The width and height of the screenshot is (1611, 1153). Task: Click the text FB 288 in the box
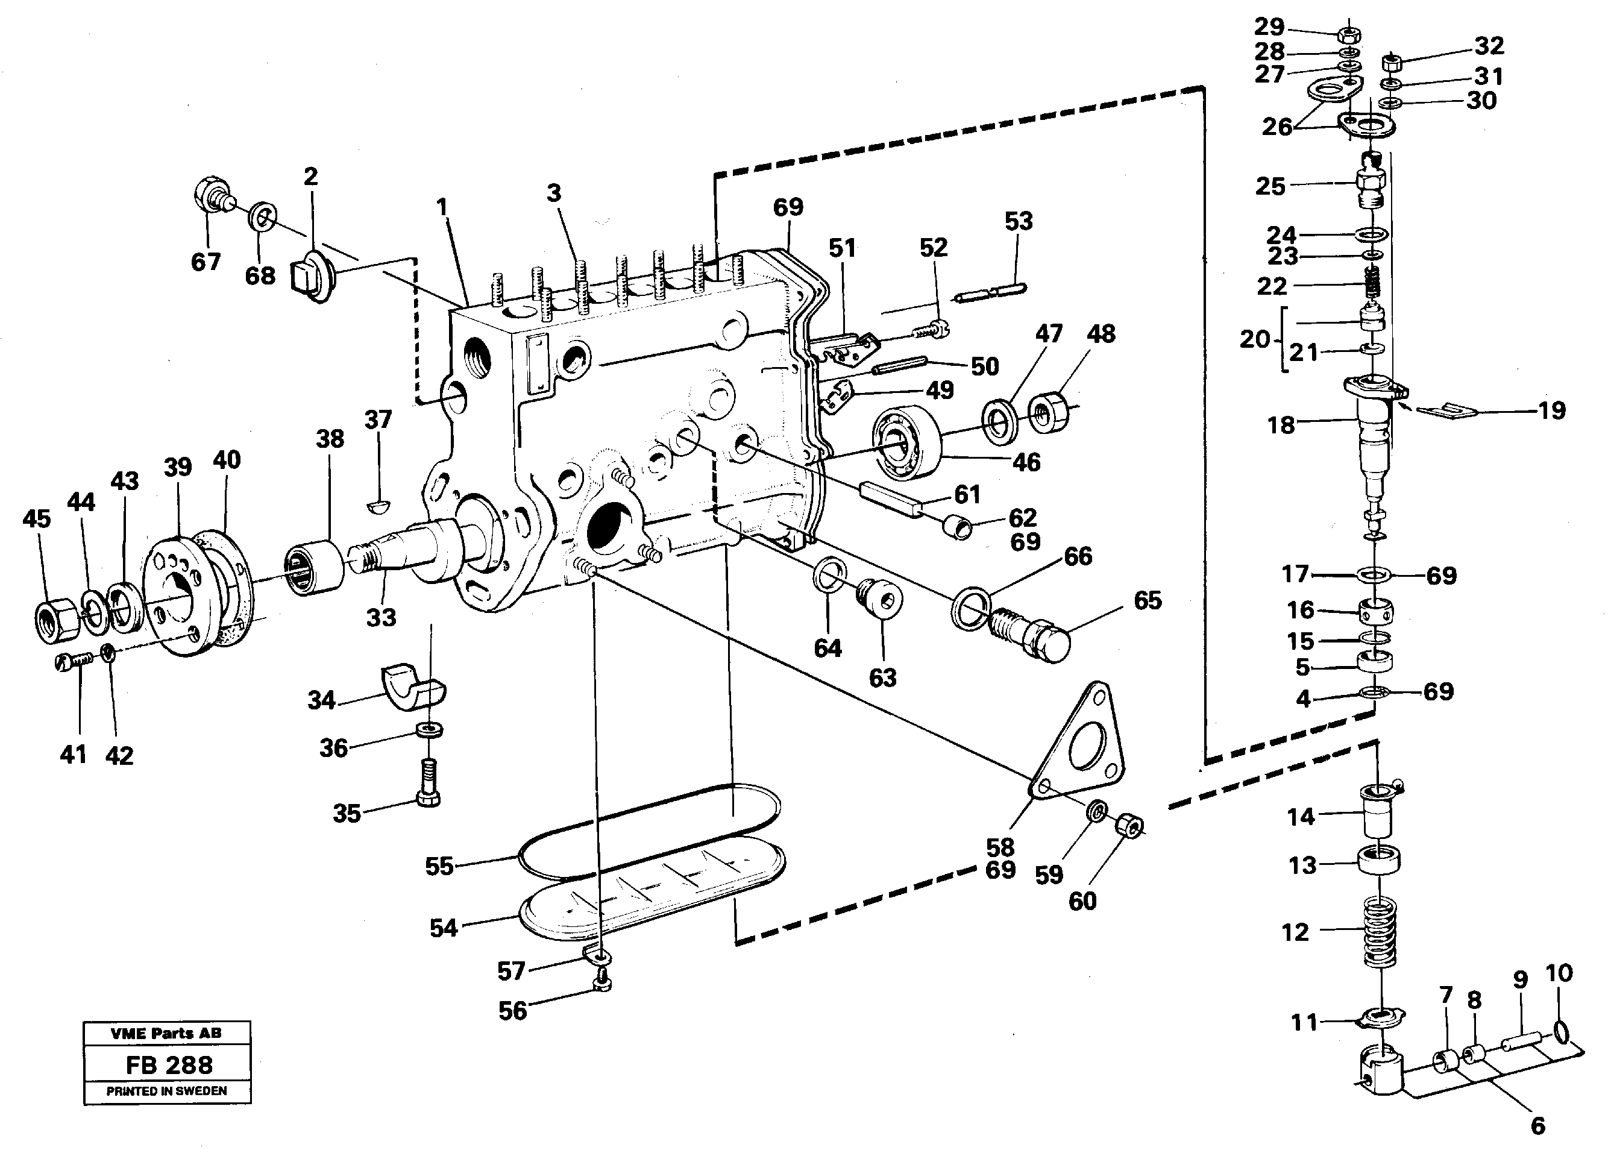point(168,1065)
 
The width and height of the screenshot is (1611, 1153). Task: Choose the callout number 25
point(1270,187)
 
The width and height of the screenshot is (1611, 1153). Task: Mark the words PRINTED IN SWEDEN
point(167,1092)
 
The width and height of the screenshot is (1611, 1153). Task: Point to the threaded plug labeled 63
point(881,602)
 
